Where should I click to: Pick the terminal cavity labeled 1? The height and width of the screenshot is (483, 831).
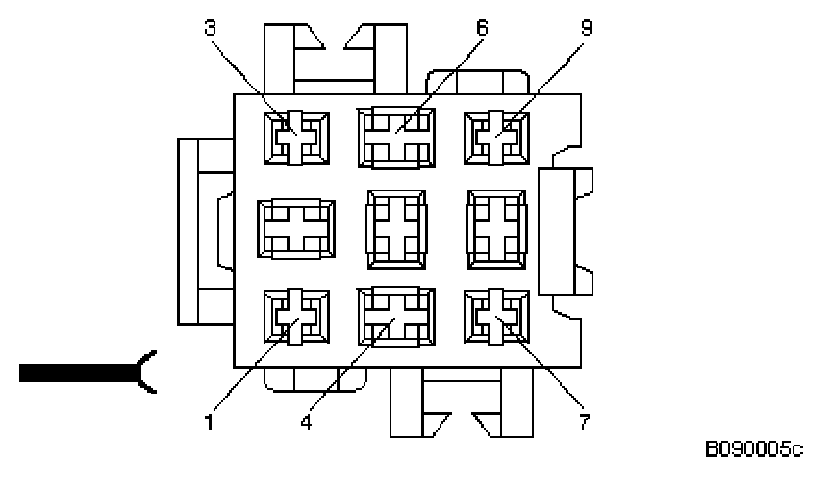coord(296,316)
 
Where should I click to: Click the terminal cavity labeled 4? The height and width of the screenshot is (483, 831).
coord(395,316)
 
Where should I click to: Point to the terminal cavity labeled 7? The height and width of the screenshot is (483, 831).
coord(496,316)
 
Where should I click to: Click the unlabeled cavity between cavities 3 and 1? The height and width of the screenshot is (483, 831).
coord(296,227)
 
